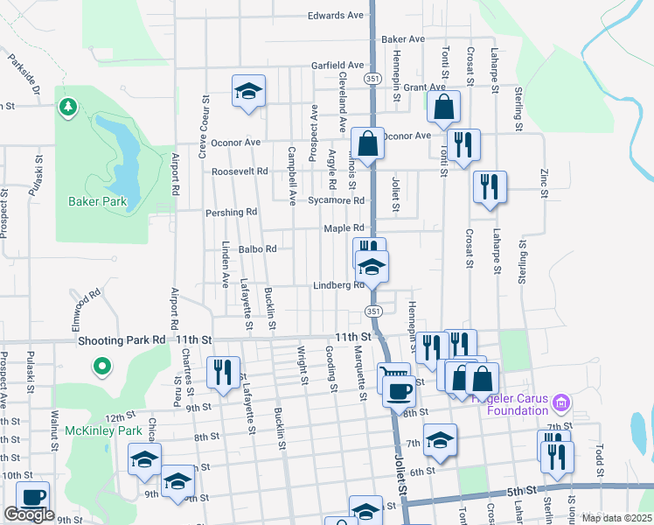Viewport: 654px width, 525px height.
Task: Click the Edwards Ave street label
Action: pos(335,16)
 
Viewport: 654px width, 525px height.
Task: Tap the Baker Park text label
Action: pos(97,202)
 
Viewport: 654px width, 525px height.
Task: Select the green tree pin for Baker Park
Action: pos(66,108)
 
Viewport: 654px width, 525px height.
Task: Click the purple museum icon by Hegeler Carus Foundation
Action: pos(561,403)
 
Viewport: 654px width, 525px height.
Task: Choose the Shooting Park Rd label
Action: pos(122,339)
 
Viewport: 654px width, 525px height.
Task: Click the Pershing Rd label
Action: pos(231,212)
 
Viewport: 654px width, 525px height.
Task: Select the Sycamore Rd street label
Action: pos(336,200)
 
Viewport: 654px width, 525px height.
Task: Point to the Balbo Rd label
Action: pos(257,248)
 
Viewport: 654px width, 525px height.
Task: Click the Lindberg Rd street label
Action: pos(338,285)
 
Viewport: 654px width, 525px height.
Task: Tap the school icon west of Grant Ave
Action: pos(248,90)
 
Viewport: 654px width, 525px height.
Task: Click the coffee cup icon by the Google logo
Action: pos(33,497)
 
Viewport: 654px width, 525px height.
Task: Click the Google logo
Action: pos(29,514)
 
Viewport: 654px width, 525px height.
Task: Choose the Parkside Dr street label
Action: pos(25,76)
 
